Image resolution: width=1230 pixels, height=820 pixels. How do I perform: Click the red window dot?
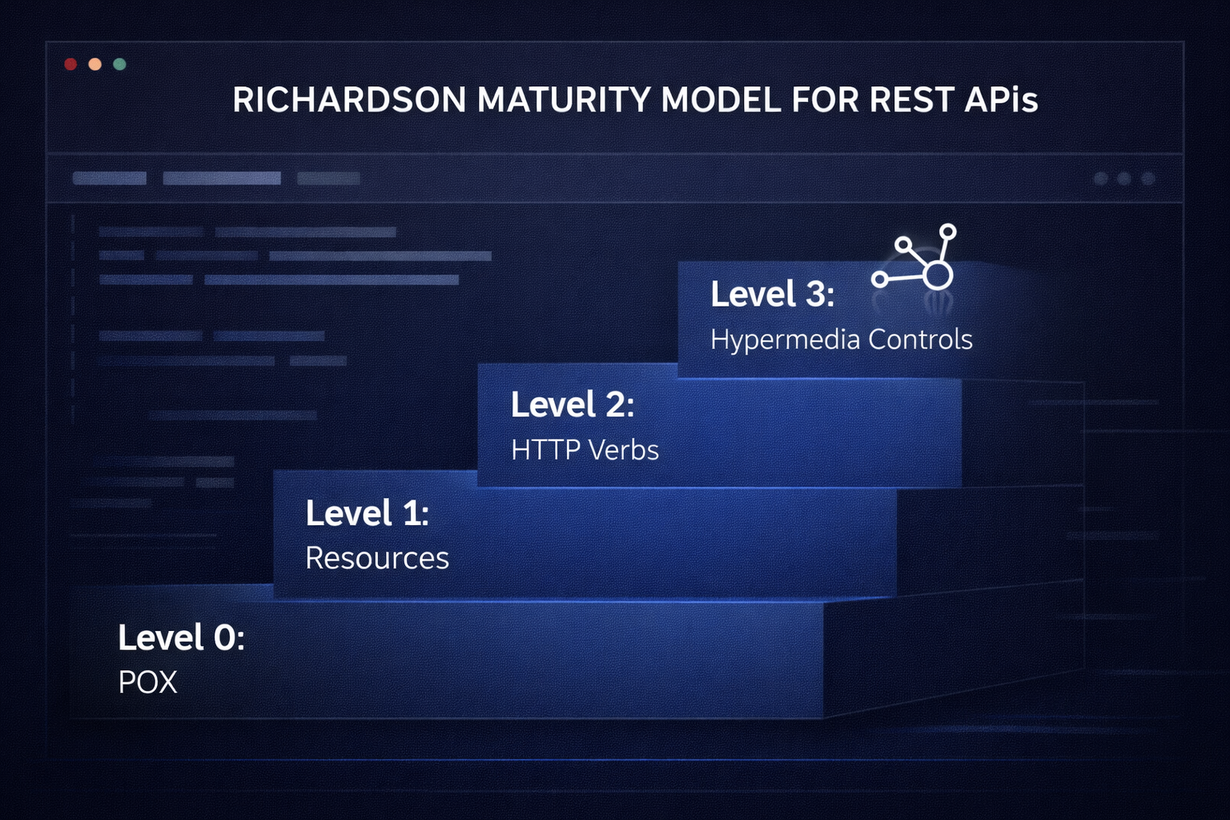pos(70,64)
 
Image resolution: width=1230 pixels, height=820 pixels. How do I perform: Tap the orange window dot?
pos(94,64)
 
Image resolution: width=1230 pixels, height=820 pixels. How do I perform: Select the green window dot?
pos(119,64)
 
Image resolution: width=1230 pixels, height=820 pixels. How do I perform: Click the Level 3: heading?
pos(773,295)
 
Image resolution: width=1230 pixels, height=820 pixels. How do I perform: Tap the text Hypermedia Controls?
pos(841,340)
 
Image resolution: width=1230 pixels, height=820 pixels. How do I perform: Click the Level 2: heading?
pos(573,405)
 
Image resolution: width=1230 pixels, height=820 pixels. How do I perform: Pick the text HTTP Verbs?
pos(585,450)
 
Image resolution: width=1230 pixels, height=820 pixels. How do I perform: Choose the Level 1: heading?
pos(368,513)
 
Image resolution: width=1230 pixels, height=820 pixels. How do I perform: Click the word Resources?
pos(377,558)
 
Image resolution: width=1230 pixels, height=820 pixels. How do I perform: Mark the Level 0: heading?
pos(181,638)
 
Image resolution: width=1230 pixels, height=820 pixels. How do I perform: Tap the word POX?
pos(147,683)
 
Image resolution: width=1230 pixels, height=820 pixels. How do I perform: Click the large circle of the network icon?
pos(938,275)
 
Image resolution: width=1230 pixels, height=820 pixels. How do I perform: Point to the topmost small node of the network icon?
pos(947,231)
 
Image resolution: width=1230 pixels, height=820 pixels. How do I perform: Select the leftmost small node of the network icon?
pos(879,279)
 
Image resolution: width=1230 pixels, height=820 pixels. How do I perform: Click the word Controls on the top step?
pos(920,340)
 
